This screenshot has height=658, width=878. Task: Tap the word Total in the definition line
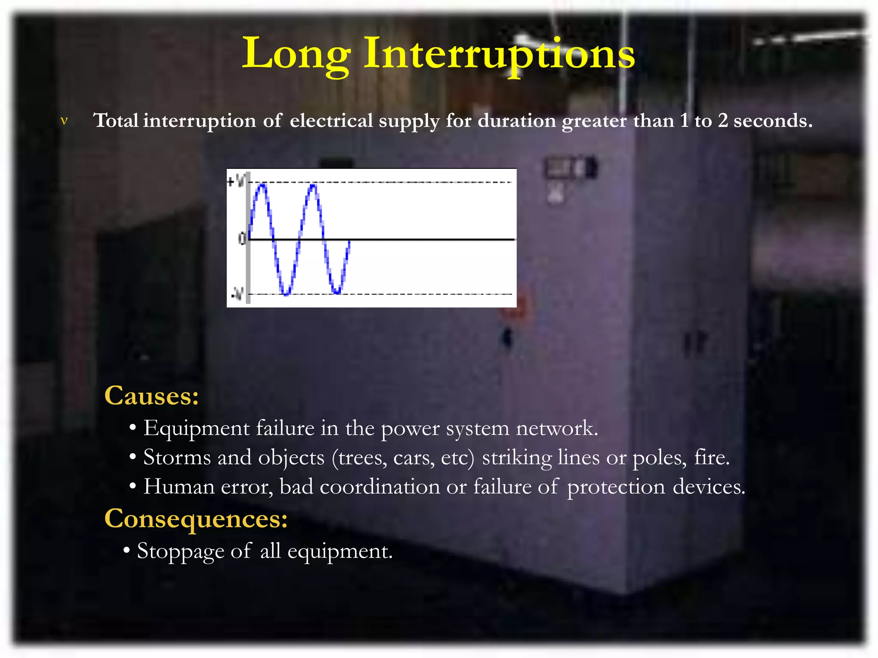pos(116,120)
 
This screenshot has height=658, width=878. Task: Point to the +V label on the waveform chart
pos(236,181)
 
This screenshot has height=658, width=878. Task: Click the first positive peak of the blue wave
pos(262,185)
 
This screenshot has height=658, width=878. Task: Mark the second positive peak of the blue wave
pos(313,185)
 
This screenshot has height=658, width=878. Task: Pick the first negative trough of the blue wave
pos(286,293)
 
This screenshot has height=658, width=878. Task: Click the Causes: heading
pos(152,395)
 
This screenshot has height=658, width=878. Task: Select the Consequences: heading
pos(196,518)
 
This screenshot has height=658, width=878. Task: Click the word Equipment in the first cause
pos(196,428)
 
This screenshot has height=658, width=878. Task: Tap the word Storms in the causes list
pos(177,458)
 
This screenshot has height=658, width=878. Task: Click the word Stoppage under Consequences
pos(180,551)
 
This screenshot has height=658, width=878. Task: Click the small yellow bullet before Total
pos(64,121)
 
